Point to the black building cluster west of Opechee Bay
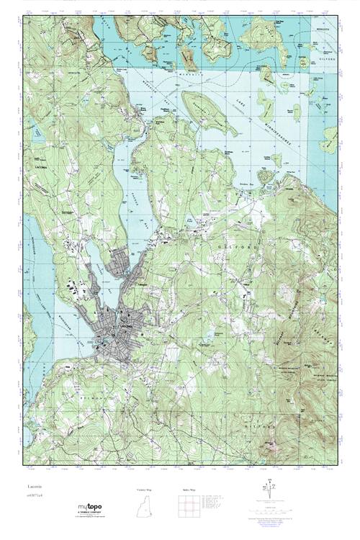76,288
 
